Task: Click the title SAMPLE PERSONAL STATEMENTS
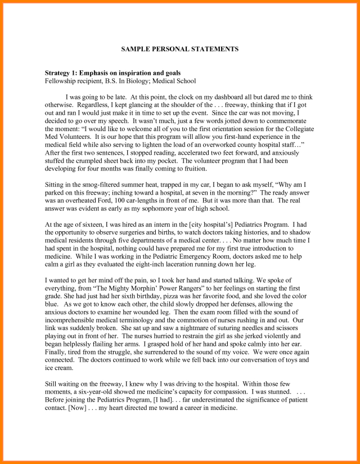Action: click(179, 49)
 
